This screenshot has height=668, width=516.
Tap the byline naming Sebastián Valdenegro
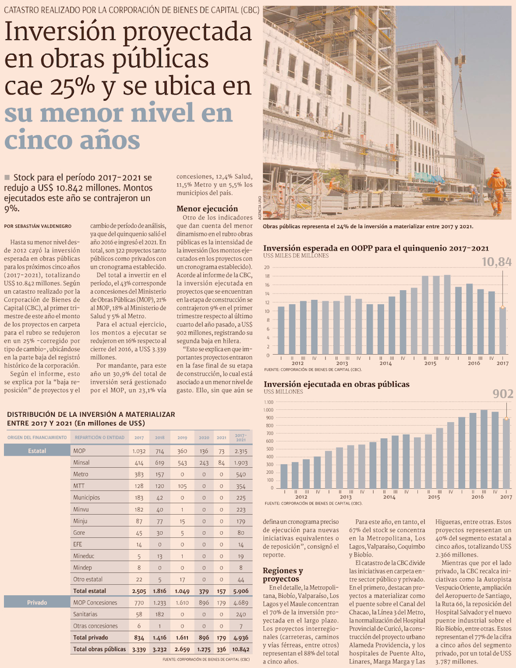(x=38, y=226)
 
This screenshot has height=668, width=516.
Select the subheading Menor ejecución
(x=207, y=209)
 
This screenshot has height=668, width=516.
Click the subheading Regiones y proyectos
(x=283, y=575)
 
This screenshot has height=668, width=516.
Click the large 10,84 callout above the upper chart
(x=496, y=262)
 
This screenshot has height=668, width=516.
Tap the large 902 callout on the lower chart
(x=503, y=394)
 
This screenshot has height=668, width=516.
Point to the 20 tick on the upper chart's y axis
(x=267, y=267)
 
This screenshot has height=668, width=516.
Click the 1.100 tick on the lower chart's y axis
(x=268, y=402)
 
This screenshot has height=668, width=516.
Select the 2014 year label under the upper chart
(x=385, y=363)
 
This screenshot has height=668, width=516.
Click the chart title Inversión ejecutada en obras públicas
(x=336, y=384)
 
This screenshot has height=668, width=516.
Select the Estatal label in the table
(x=37, y=451)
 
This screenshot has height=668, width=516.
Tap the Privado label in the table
(x=37, y=602)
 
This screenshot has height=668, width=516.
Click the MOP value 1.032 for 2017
(x=139, y=451)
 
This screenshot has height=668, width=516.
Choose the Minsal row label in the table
(x=82, y=463)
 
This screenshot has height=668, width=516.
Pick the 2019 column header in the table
(x=182, y=438)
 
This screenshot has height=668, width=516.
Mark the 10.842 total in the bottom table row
(x=240, y=649)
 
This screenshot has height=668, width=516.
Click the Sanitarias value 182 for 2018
(x=159, y=614)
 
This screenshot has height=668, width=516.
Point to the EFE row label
(x=78, y=544)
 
